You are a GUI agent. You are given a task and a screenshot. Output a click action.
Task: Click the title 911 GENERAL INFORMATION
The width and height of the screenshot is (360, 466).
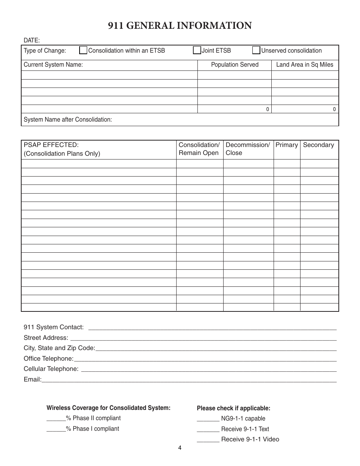(x=180, y=26)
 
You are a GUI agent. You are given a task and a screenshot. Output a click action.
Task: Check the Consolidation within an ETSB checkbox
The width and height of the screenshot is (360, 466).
(x=83, y=50)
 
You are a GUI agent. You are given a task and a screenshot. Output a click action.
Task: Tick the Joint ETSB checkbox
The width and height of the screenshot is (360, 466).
(x=197, y=50)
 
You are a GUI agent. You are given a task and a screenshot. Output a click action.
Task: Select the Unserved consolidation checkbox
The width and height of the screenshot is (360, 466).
(x=257, y=50)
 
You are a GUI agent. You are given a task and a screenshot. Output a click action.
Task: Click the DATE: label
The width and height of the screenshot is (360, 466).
(x=32, y=40)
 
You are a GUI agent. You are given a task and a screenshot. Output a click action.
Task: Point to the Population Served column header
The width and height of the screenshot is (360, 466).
(x=235, y=65)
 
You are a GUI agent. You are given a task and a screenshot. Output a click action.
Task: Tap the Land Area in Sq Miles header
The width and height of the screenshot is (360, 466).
(x=305, y=65)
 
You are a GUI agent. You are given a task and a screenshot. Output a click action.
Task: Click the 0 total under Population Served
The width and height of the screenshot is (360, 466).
(x=268, y=109)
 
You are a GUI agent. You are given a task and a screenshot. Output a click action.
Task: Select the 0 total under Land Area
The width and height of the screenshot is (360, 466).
(x=334, y=109)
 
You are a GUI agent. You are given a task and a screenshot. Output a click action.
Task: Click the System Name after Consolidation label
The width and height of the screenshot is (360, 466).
(x=68, y=120)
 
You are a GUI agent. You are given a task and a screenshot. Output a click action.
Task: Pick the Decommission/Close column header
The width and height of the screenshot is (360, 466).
(x=248, y=149)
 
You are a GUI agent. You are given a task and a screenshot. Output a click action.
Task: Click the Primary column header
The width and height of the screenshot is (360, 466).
(x=286, y=145)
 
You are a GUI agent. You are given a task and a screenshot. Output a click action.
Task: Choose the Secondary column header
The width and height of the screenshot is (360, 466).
(x=318, y=145)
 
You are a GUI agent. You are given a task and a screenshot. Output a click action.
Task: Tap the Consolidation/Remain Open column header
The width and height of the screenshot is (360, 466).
(x=199, y=149)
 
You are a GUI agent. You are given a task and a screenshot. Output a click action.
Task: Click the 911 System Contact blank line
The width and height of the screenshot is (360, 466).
(x=212, y=328)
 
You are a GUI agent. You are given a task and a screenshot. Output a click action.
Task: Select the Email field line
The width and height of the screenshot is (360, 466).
(x=189, y=380)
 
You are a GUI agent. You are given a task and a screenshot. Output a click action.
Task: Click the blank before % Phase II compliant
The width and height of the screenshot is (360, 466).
(x=56, y=419)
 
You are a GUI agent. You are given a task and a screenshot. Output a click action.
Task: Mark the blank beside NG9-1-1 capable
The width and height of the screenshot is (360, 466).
(x=208, y=419)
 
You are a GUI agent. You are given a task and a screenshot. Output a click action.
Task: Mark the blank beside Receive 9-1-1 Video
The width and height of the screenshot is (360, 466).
(x=208, y=440)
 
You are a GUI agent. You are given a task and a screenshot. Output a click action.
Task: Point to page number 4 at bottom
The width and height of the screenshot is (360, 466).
(x=180, y=448)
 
